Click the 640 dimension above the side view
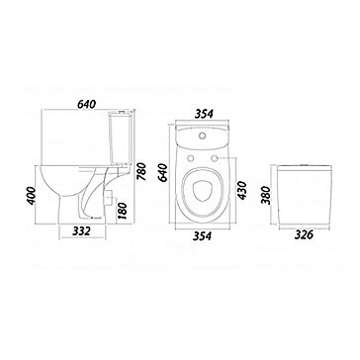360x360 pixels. [87, 104]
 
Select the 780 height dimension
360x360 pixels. [141, 171]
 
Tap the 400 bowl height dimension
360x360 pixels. [31, 196]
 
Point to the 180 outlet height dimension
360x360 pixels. [123, 211]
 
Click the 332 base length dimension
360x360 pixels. [81, 231]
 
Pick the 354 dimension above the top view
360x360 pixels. [204, 114]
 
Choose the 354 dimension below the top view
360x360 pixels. [203, 235]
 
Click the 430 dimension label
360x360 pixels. [241, 190]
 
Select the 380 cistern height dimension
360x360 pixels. [266, 195]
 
